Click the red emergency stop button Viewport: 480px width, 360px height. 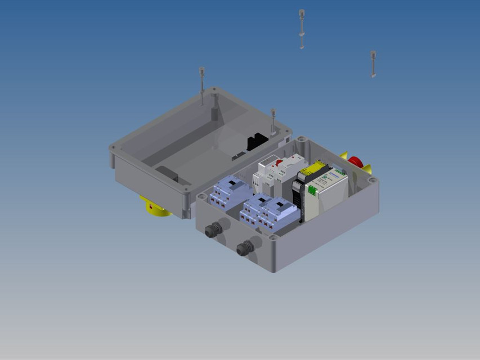(355, 162)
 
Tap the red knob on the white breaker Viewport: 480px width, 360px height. (279, 163)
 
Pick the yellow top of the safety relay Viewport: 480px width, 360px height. (313, 169)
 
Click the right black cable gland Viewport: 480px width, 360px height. (245, 247)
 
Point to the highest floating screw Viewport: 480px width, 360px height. (302, 28)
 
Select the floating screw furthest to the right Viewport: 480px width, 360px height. (373, 64)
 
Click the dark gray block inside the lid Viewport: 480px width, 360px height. (167, 174)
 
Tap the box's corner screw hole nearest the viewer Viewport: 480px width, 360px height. (273, 238)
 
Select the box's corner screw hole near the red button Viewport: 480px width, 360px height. (372, 180)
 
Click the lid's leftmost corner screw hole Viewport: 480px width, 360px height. (114, 148)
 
